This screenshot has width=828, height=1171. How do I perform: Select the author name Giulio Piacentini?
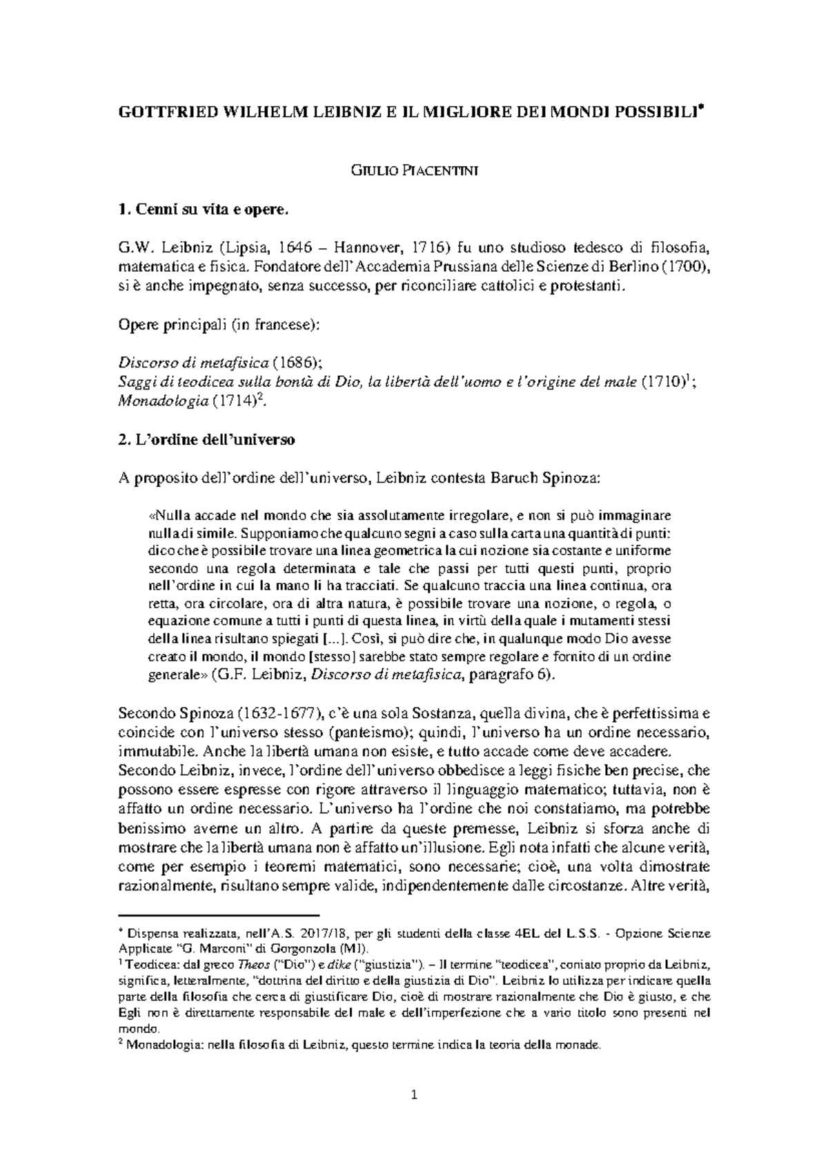413,171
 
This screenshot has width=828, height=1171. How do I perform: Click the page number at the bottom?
414,1094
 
